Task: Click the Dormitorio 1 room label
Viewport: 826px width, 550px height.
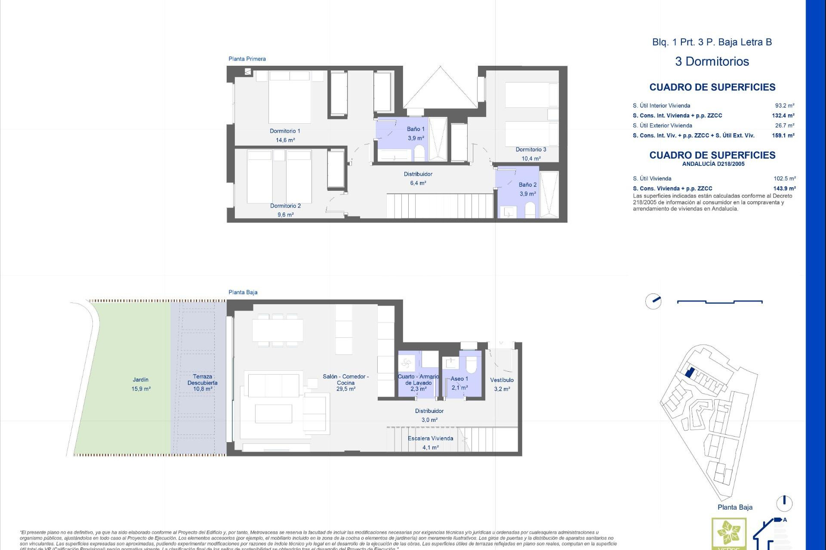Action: tap(285, 131)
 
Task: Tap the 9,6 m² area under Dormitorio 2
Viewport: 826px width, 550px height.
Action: tap(285, 215)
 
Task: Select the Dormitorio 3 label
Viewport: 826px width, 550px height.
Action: tap(531, 150)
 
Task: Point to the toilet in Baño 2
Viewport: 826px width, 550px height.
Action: tap(530, 210)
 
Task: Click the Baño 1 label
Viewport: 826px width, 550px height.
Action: tap(416, 129)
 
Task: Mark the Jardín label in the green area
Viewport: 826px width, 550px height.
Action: tap(141, 380)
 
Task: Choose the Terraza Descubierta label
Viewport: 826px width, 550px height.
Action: tap(202, 379)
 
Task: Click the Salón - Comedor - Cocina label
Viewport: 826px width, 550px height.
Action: tap(345, 379)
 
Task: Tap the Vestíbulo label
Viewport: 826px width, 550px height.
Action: tap(502, 380)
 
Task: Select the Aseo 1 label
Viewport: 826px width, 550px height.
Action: tap(459, 379)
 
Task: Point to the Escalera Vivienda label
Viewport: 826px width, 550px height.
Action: tap(430, 438)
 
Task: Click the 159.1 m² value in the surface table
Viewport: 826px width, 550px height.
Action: tap(783, 135)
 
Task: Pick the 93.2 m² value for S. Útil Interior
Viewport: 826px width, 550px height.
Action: tap(784, 105)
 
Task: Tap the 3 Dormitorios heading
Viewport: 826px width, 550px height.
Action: tap(712, 61)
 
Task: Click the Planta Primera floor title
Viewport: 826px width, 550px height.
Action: tap(247, 59)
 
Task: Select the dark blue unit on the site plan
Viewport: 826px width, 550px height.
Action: tap(689, 372)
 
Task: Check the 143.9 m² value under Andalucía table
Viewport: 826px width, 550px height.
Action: tap(784, 188)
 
